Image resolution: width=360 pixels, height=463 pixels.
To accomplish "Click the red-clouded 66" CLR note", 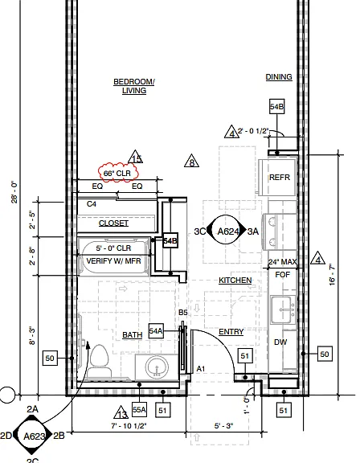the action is click(x=118, y=173).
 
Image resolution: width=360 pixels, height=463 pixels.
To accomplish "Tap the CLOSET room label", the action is click(x=113, y=223).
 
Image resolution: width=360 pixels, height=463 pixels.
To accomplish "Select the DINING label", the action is click(x=279, y=77).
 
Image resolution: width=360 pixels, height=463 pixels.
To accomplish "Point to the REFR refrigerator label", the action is click(x=280, y=178).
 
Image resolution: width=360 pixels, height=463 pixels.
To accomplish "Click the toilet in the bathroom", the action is click(x=100, y=361).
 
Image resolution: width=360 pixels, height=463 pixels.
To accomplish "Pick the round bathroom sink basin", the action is click(x=157, y=367).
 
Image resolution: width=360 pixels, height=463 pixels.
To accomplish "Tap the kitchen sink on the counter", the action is click(x=284, y=309).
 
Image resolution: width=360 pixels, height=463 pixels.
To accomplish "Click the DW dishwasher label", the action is click(x=280, y=342).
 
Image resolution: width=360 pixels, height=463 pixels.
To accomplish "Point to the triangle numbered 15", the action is click(x=136, y=157).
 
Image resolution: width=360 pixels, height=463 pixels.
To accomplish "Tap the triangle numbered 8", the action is click(x=191, y=161).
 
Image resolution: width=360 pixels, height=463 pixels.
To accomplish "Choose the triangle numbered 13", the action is click(x=121, y=412).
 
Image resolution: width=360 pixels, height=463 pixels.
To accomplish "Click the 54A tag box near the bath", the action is click(x=156, y=330).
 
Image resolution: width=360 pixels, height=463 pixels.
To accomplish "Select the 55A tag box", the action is click(x=139, y=410).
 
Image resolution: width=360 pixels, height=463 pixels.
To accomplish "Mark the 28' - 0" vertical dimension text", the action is click(x=14, y=193).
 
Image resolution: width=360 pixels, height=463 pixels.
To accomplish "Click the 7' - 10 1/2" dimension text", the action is click(x=129, y=426).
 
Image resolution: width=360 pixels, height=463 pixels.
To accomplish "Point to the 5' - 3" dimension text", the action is click(x=223, y=426).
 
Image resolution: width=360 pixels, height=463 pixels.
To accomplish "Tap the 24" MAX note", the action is click(x=282, y=261).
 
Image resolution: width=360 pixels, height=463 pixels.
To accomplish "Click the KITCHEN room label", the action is click(x=235, y=281).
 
